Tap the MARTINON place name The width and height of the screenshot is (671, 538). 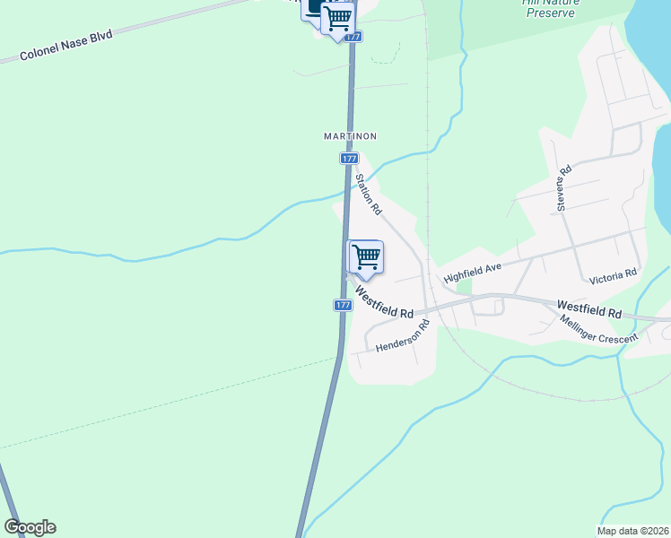click(349, 136)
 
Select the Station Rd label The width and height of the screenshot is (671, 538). click(369, 194)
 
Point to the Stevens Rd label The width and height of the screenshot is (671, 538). click(564, 188)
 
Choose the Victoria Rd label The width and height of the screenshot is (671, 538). click(613, 273)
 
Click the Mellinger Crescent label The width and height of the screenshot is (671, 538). click(599, 330)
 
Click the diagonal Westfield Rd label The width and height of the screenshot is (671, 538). click(384, 302)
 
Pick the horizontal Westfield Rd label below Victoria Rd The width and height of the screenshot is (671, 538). click(588, 309)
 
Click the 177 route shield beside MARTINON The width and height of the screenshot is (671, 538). click(349, 158)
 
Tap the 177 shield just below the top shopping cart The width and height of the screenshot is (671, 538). click(353, 37)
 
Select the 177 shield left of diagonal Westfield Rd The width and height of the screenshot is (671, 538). click(343, 305)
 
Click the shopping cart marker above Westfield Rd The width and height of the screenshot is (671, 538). click(366, 256)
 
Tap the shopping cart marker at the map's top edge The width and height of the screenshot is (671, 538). click(338, 17)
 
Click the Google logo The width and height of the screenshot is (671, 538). click(30, 527)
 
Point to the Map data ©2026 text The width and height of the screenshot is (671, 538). click(632, 531)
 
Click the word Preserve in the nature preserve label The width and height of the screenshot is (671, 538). click(551, 13)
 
